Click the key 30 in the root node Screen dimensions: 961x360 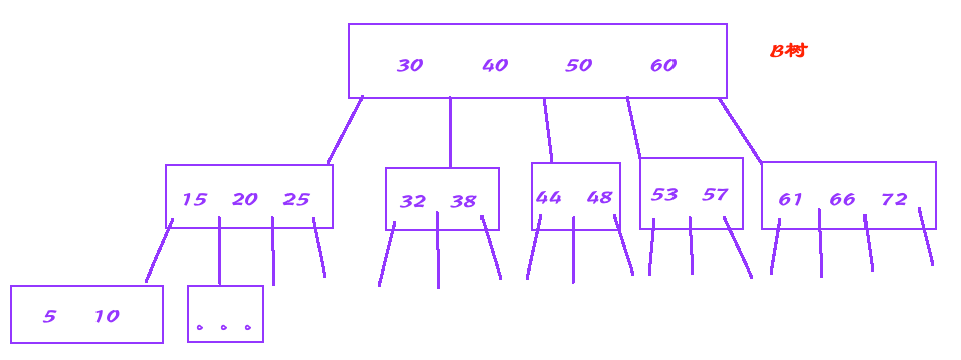coord(410,65)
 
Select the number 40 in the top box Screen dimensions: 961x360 coord(495,65)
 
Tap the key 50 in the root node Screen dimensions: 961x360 coord(579,65)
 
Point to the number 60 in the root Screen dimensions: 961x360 coord(663,65)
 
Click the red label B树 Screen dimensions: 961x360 coord(789,51)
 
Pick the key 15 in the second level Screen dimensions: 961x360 coord(194,200)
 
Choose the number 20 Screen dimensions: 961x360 coord(245,200)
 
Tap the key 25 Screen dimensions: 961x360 coord(296,200)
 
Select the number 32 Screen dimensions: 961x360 coord(413,201)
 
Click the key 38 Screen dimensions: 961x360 coord(463,201)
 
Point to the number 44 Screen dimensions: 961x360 coord(548,198)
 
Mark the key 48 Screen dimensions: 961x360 coord(599,198)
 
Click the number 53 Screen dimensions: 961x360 coord(664,195)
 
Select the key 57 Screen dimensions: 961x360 coord(714,195)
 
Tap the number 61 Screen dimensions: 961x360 coord(790,200)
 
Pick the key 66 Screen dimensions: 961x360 coord(842,200)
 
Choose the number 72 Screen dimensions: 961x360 coord(894,200)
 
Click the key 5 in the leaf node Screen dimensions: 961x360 coord(49,316)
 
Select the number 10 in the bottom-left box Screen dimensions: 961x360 coord(107,316)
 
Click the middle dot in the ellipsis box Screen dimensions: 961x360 coord(224,327)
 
